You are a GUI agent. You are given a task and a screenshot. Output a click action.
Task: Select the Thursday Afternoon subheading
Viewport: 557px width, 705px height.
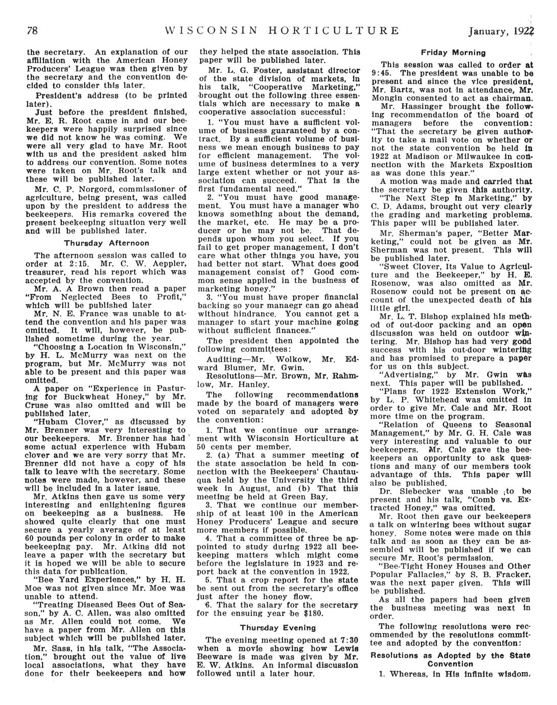coord(106,243)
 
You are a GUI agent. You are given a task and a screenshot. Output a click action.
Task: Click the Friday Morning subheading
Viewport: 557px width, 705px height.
coord(452,53)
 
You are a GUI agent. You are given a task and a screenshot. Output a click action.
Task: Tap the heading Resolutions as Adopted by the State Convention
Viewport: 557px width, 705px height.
coord(450,660)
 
